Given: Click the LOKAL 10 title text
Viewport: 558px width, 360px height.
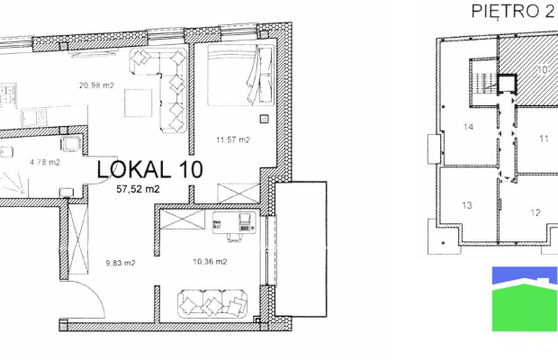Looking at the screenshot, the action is (149, 169).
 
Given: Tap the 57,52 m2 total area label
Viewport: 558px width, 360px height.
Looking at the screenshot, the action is (138, 189).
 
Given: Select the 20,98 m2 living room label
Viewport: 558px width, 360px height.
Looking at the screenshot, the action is (96, 85).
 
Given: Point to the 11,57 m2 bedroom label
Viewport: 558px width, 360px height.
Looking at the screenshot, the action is (233, 139).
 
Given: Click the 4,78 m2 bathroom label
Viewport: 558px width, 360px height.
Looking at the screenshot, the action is (45, 162).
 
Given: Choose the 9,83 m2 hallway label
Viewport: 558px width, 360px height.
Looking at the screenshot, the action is (121, 263).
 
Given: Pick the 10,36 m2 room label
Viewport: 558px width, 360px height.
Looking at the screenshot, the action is (210, 262).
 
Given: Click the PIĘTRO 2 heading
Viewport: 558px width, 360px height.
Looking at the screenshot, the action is (513, 11).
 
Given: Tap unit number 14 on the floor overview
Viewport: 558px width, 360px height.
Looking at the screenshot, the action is (468, 127).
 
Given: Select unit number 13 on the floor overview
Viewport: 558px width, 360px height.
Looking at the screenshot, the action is (467, 205).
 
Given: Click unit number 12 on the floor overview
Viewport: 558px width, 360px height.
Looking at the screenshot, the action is (535, 212).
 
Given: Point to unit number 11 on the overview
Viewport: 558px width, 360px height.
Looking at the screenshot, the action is (544, 139).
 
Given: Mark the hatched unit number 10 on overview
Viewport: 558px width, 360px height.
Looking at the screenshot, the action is (542, 70).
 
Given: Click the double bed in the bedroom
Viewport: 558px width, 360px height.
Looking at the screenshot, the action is (241, 75).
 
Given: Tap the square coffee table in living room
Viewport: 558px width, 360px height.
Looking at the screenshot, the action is (138, 103).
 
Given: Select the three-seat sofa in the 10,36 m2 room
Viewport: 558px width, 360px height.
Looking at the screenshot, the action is (212, 304).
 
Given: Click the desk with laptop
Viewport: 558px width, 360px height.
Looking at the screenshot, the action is (234, 222).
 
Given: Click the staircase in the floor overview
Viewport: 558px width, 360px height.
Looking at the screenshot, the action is (483, 83).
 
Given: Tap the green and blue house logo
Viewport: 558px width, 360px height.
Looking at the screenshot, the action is (525, 299).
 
